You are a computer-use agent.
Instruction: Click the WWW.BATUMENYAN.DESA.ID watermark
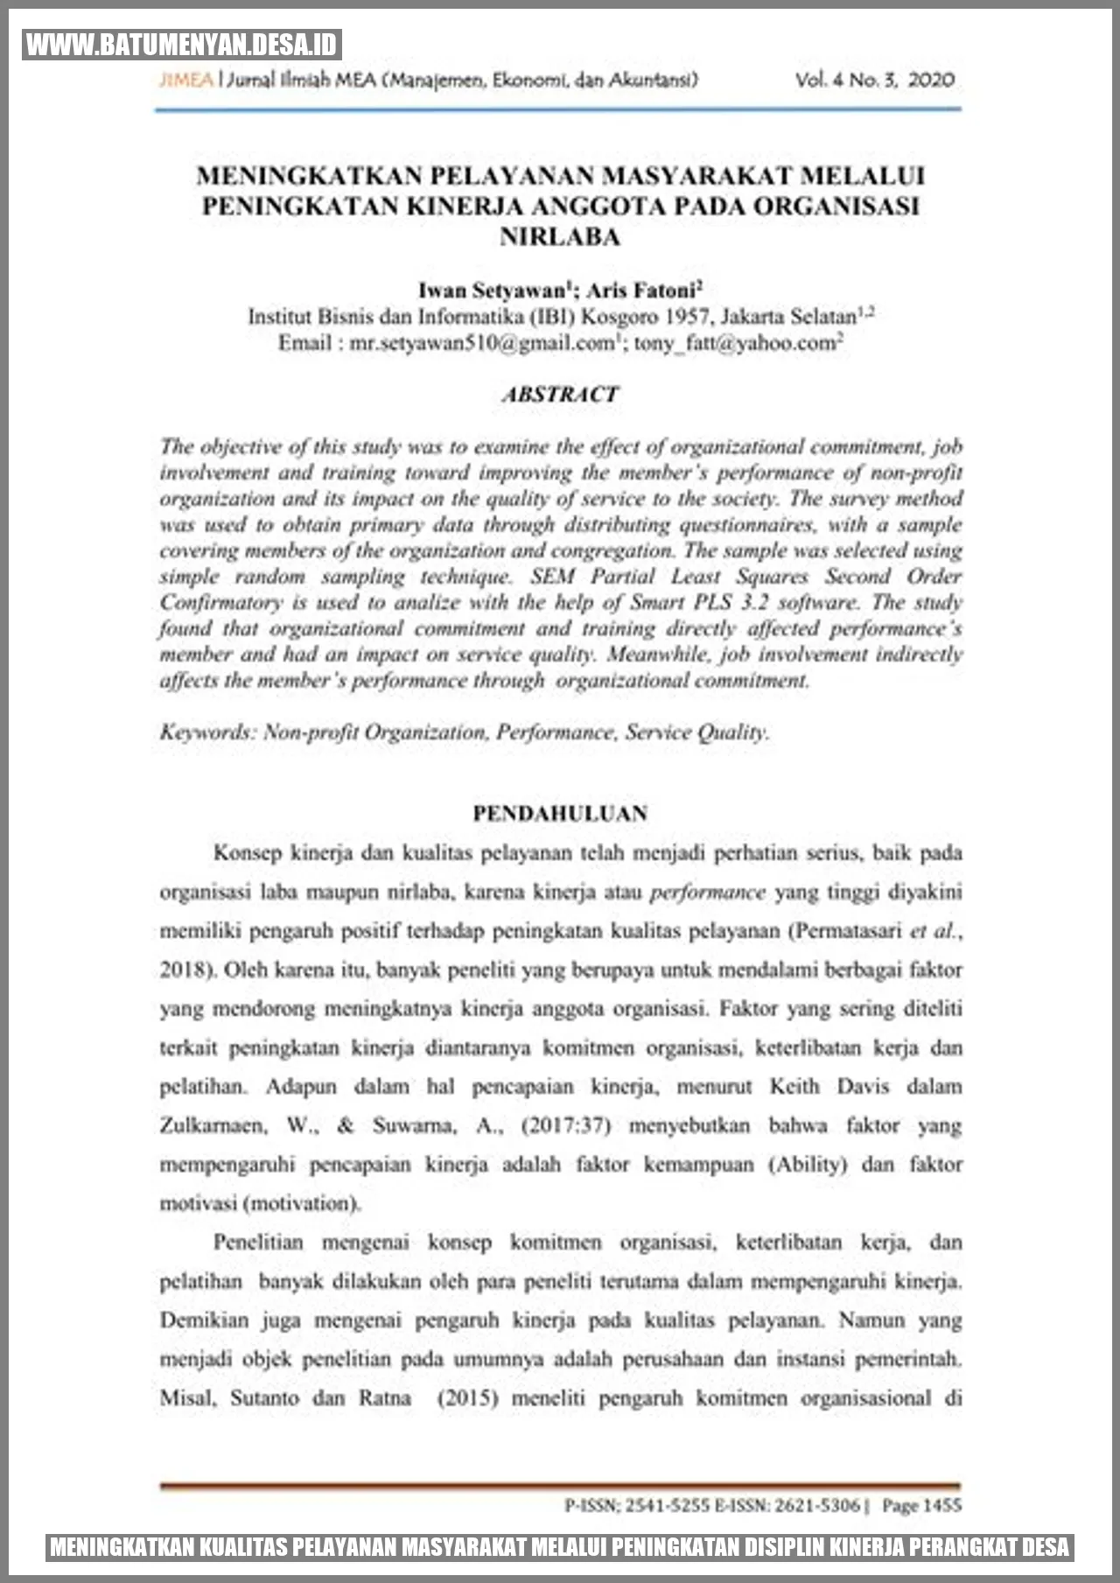click(182, 44)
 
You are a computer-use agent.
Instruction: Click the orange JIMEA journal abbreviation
click(185, 81)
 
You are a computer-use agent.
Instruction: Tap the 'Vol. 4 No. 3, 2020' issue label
click(874, 81)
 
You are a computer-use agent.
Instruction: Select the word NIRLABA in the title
click(560, 237)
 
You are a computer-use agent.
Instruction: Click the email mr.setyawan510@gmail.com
click(482, 343)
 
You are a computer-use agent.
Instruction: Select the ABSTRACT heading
click(560, 395)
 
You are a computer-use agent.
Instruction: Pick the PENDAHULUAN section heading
click(560, 813)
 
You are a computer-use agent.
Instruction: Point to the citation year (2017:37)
click(565, 1125)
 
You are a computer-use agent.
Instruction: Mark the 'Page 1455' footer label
click(921, 1505)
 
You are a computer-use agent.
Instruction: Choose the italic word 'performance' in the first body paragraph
click(708, 893)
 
